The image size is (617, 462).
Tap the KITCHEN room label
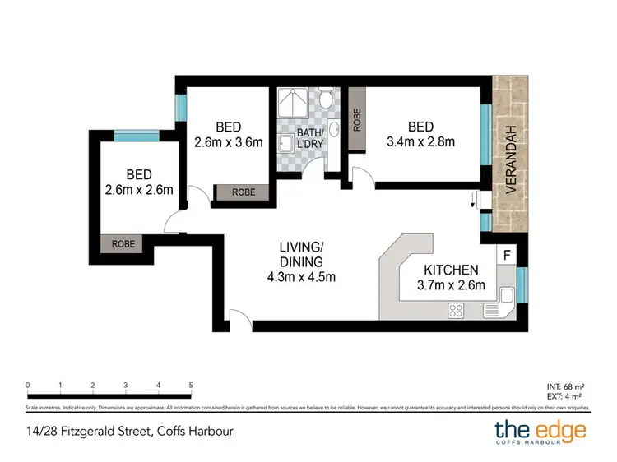pyautogui.click(x=450, y=270)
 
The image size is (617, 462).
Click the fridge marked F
pyautogui.click(x=507, y=254)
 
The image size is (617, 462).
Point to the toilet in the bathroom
pyautogui.click(x=327, y=100)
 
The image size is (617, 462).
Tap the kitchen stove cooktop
pyautogui.click(x=455, y=310)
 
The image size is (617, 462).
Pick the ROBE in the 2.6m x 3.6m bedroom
pyautogui.click(x=243, y=192)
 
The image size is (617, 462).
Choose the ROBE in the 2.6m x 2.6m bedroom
pyautogui.click(x=122, y=243)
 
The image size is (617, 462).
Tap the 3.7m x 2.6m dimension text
pyautogui.click(x=450, y=285)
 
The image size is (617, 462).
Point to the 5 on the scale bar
pyautogui.click(x=191, y=385)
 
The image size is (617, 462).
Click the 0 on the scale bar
pyautogui.click(x=28, y=385)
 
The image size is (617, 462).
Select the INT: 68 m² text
pyautogui.click(x=565, y=386)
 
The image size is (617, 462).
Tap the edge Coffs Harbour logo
pyautogui.click(x=540, y=432)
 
